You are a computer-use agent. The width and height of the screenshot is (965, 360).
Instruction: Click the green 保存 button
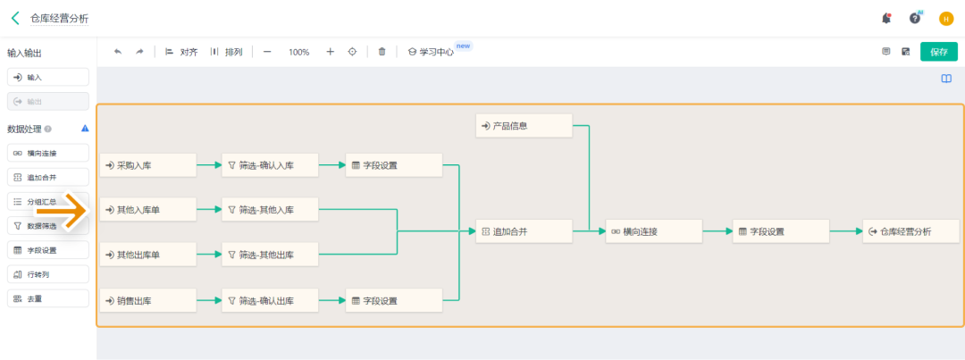938,52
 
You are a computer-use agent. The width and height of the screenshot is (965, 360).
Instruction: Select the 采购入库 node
147,165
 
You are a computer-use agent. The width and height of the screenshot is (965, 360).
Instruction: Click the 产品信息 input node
524,126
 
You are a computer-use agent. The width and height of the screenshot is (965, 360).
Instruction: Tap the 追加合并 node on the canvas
524,231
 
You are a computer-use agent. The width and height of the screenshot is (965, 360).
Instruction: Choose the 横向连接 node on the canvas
653,231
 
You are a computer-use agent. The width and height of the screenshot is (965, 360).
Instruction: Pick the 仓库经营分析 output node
912,231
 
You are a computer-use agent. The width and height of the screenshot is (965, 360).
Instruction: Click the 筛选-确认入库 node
270,165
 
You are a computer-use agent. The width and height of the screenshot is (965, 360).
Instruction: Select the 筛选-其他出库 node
270,255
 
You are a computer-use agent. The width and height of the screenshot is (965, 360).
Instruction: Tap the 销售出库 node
147,301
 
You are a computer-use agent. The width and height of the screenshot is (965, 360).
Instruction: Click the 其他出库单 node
147,255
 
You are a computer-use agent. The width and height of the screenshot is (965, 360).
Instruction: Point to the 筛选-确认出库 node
270,301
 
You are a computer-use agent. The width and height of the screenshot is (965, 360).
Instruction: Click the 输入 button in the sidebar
48,78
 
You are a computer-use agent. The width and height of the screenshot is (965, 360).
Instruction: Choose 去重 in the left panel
48,298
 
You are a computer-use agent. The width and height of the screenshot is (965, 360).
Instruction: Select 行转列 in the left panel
48,274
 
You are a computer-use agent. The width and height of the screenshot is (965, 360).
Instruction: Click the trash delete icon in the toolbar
382,52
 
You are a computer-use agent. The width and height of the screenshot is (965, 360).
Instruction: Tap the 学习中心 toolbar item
431,52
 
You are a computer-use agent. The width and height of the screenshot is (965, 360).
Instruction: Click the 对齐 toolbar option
181,52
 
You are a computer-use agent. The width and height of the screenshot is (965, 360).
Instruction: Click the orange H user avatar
946,18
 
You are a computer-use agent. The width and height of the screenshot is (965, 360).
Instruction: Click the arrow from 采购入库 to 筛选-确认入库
208,165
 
